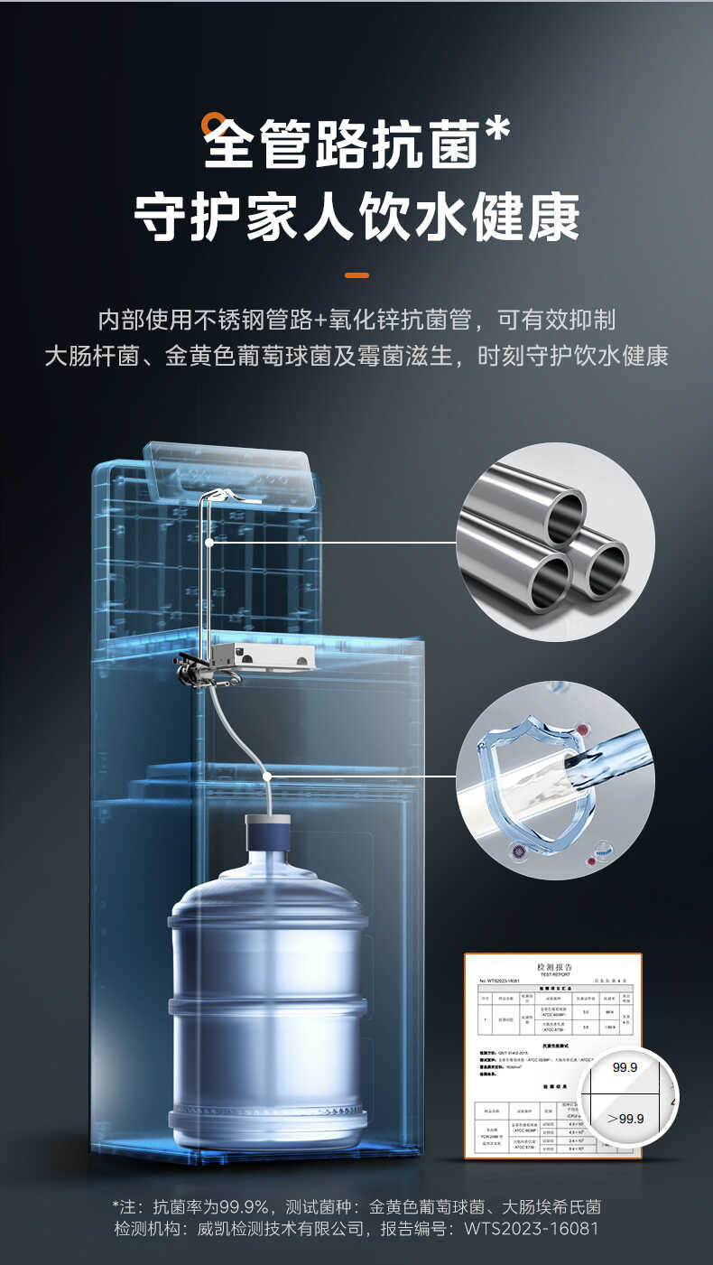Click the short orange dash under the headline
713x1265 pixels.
coord(356,274)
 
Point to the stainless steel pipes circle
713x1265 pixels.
coord(555,542)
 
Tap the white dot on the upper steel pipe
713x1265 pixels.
coord(209,542)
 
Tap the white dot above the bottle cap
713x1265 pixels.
coord(267,776)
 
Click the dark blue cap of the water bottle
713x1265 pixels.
coord(267,830)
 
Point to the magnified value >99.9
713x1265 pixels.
coord(625,1118)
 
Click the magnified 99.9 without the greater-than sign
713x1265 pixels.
coord(625,1067)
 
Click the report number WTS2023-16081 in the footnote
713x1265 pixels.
coord(531,1228)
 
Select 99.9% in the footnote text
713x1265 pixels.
coord(243,1206)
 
